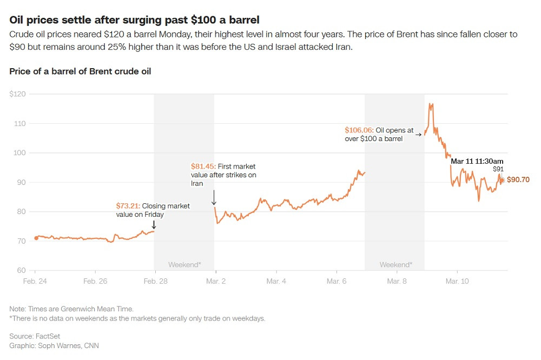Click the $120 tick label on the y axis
18,94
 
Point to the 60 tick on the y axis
21,270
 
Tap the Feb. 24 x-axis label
35,281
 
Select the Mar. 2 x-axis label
215,281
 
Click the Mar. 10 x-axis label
457,281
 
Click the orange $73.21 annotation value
128,206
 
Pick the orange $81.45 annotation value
203,166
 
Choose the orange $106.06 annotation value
359,130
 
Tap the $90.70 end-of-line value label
518,180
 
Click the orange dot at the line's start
36,238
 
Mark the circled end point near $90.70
502,180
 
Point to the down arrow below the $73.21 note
154,224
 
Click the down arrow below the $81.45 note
214,197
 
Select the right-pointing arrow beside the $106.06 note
418,134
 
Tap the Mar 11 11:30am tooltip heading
477,161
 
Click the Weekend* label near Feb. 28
184,265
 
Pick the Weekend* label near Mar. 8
395,265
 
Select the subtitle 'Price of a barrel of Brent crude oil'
80,71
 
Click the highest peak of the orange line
430,104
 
